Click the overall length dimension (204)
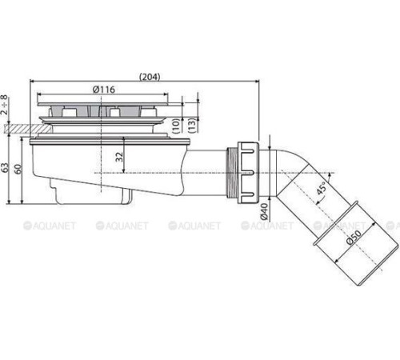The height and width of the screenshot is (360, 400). pyautogui.click(x=148, y=77)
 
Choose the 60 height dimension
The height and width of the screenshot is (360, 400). pyautogui.click(x=18, y=170)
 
